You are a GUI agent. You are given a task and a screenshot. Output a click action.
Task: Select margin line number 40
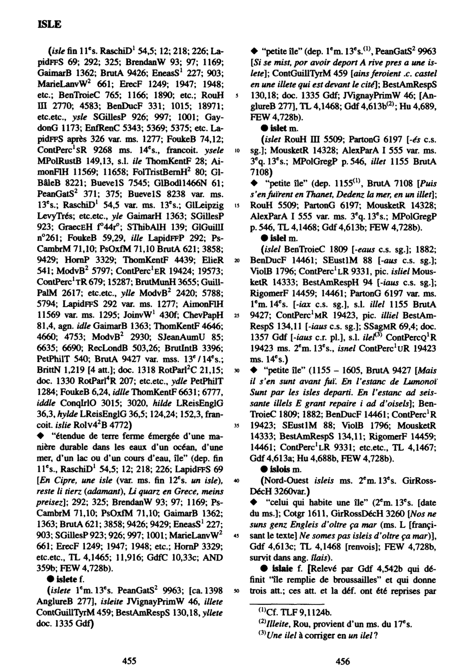point(237,480)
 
